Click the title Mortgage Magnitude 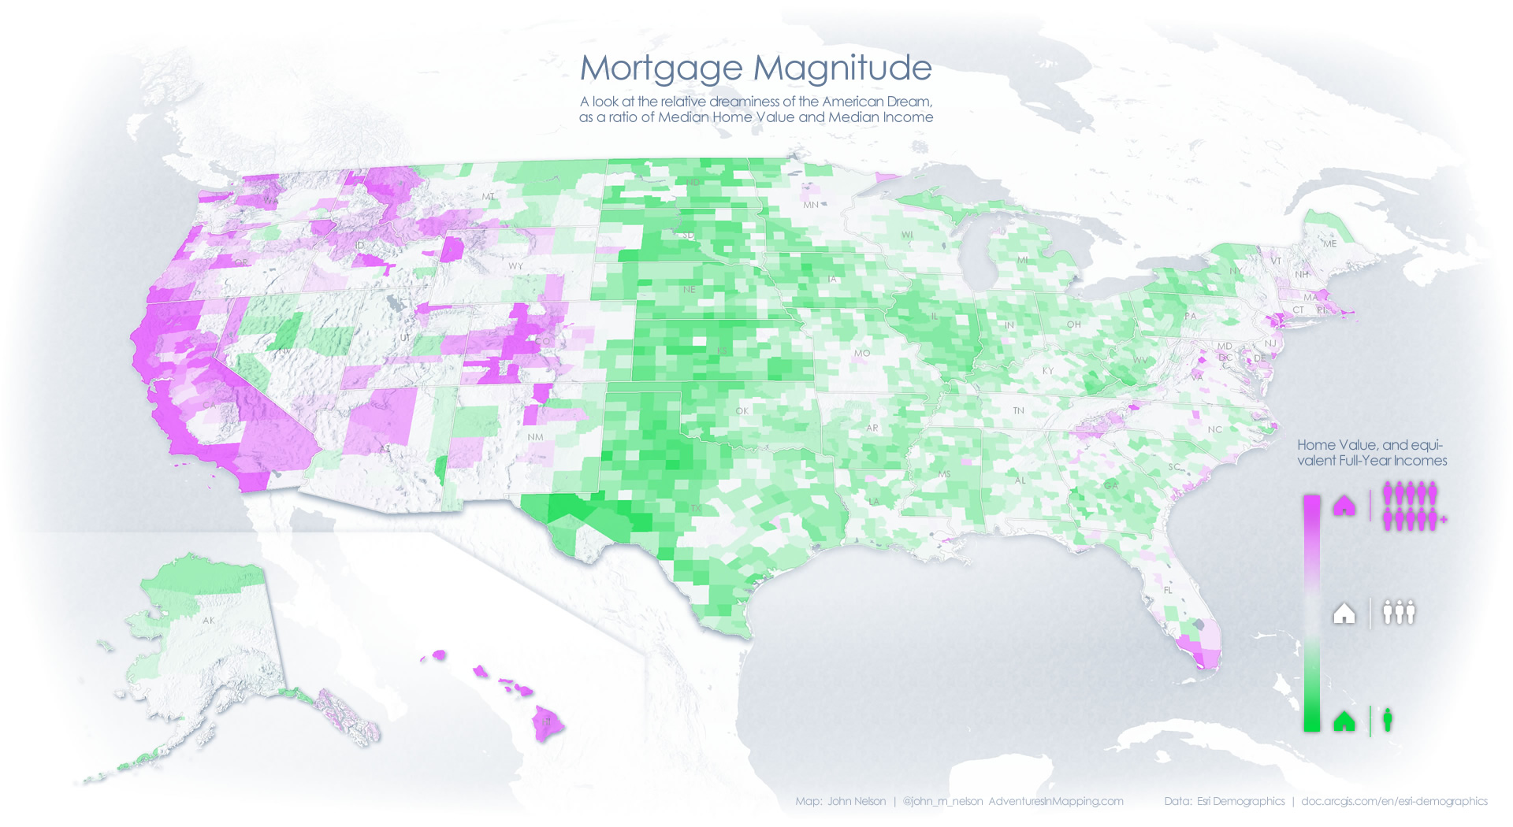coord(756,68)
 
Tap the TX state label coord(696,508)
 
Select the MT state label coord(489,197)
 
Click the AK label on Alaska coord(208,621)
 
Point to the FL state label coord(1168,590)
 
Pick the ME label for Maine coord(1330,244)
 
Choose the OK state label coord(742,411)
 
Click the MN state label coord(811,205)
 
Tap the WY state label coord(515,266)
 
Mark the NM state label coord(535,437)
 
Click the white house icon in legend coord(1344,613)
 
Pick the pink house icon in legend coord(1344,505)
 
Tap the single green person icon coord(1388,719)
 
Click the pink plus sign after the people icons coord(1444,520)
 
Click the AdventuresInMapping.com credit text coord(1056,801)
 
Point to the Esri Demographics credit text coord(1240,801)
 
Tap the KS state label coord(722,351)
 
